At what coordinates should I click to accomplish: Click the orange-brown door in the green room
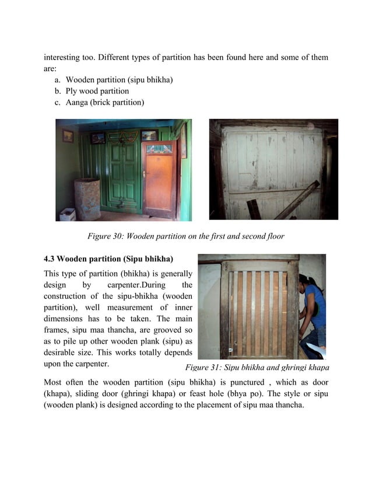(159, 181)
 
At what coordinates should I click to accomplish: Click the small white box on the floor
(67, 214)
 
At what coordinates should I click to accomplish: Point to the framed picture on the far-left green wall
(68, 136)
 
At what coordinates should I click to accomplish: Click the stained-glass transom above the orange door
(159, 149)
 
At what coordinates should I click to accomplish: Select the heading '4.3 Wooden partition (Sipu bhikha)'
(108, 259)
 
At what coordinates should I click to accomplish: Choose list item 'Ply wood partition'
(97, 91)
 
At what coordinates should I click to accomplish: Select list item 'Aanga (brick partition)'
(104, 103)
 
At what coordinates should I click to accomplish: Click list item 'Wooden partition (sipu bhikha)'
(119, 79)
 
